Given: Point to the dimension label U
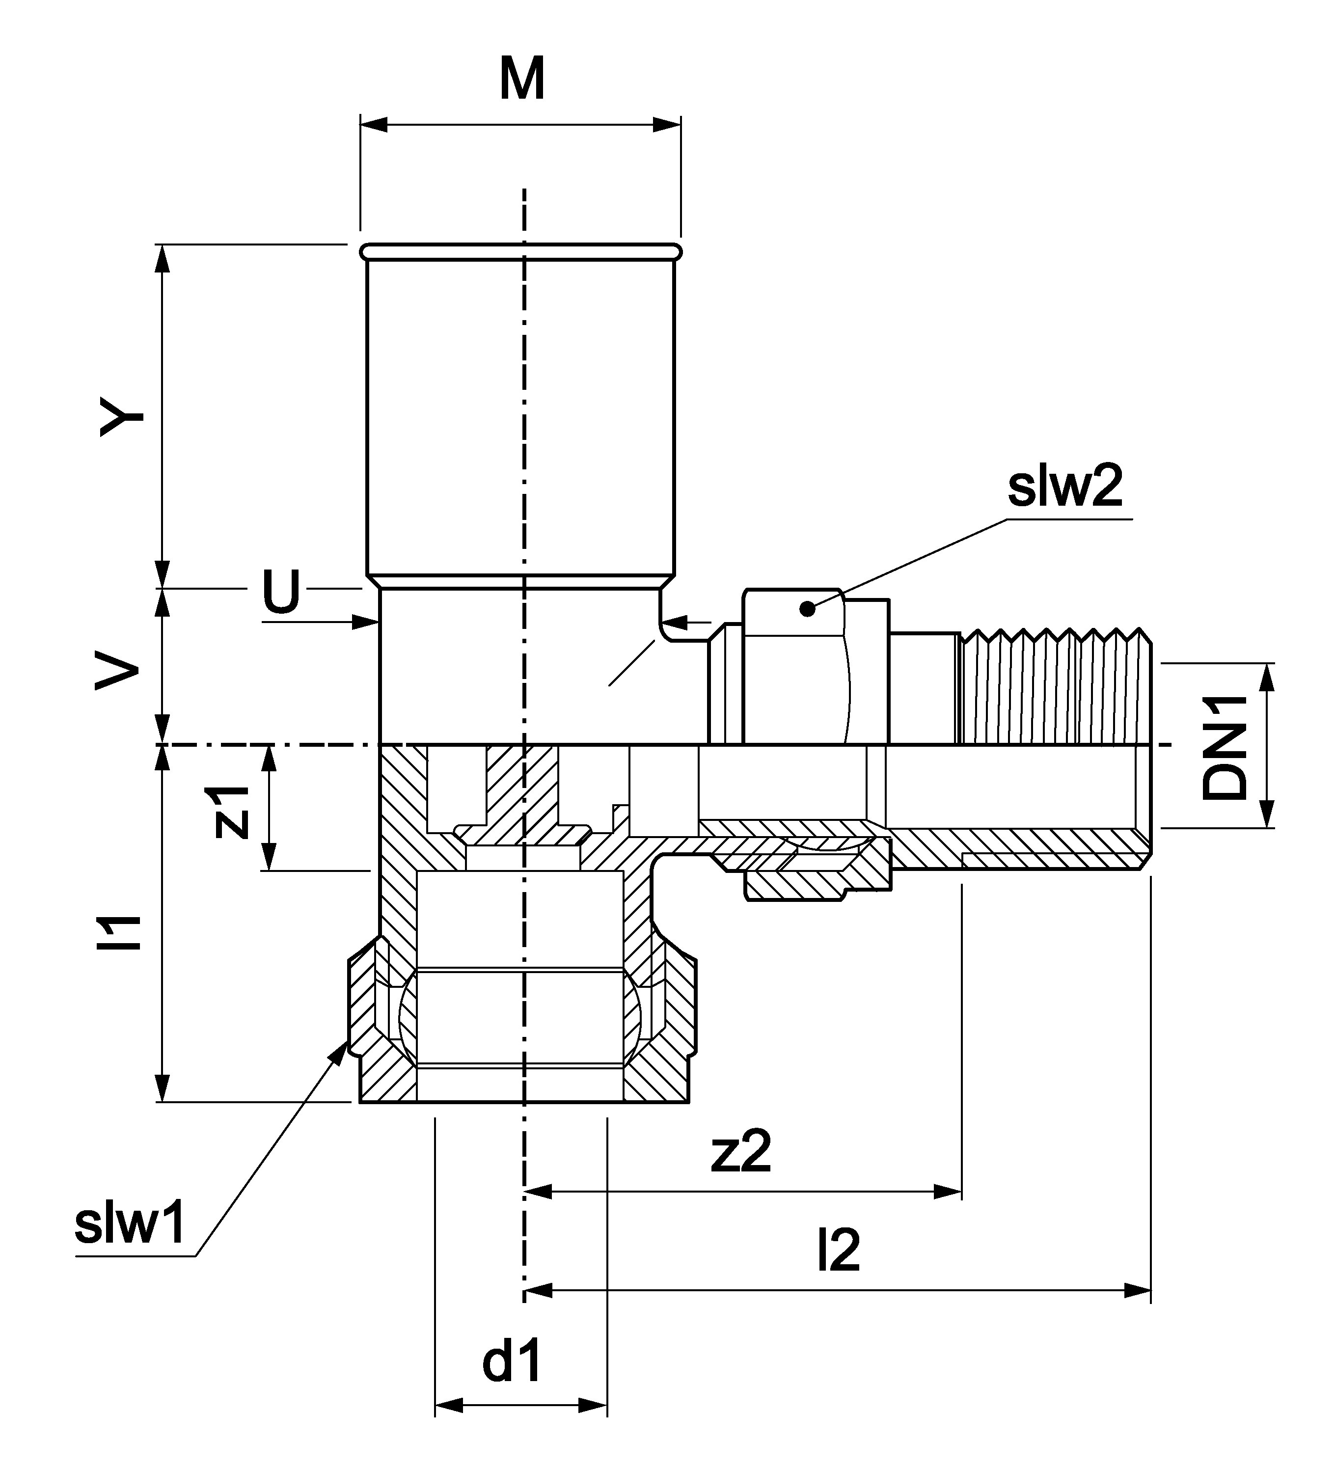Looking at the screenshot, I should coord(281,591).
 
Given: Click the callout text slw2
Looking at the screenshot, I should coord(1064,488).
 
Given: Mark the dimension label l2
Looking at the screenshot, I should coord(838,1250).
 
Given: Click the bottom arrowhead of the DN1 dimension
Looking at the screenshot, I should coord(1267,814).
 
